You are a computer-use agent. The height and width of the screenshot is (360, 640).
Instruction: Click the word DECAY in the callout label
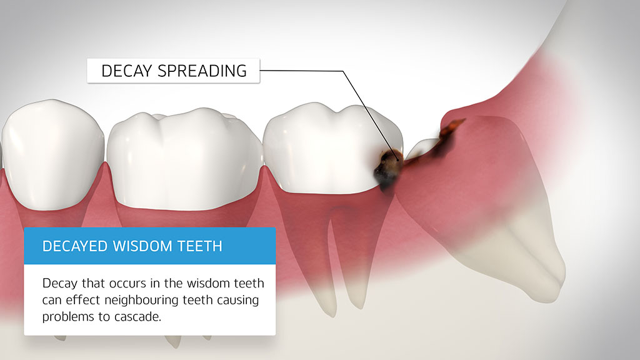[126, 71]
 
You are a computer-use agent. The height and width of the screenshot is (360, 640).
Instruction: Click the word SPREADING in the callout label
[202, 71]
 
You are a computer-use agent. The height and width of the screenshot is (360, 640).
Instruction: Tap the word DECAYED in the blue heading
[75, 246]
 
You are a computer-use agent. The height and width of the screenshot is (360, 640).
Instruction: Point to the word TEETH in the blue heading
[200, 246]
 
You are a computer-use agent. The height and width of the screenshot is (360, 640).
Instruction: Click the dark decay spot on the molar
[387, 169]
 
